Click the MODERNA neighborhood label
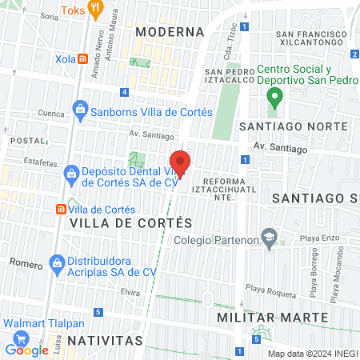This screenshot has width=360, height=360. tap(169, 31)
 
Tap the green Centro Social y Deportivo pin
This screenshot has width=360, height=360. tap(274, 98)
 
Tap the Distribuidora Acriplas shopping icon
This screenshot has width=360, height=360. tap(57, 262)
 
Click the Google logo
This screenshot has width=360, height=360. tap(26, 350)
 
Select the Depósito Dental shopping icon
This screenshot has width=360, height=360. tap(71, 173)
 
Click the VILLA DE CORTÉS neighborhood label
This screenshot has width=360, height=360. tap(131, 222)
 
